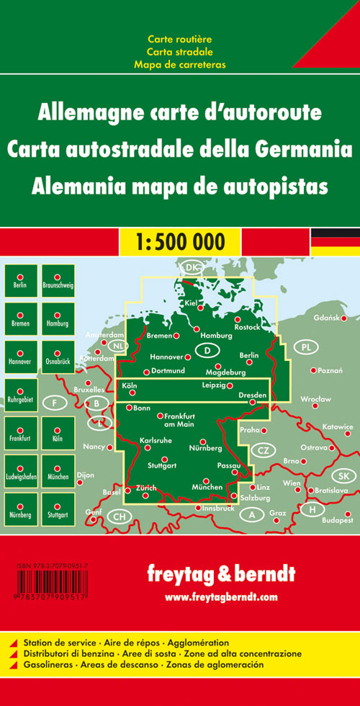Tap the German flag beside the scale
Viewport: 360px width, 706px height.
(x=335, y=241)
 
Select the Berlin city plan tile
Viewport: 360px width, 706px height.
(x=20, y=280)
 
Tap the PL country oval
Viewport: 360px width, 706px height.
(x=307, y=348)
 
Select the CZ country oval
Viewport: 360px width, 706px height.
(x=263, y=451)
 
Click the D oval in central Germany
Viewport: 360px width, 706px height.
(x=207, y=351)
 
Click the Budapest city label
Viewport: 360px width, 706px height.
(x=338, y=519)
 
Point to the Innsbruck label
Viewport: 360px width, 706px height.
(x=216, y=509)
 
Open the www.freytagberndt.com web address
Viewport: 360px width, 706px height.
(x=220, y=597)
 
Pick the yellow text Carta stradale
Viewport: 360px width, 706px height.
(x=179, y=51)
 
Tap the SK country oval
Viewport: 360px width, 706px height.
(x=343, y=476)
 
